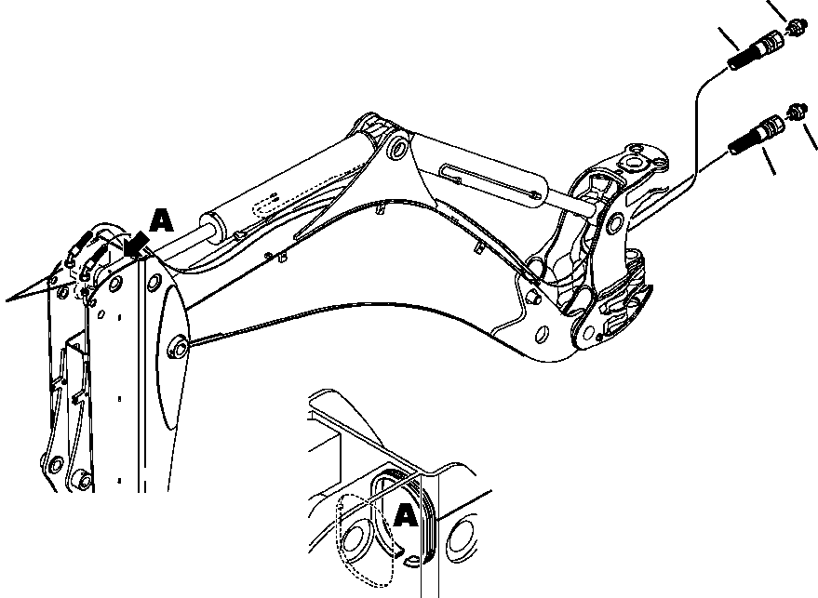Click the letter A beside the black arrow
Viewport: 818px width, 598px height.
(x=161, y=221)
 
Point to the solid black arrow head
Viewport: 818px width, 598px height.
(x=138, y=244)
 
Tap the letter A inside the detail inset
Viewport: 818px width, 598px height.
(x=405, y=514)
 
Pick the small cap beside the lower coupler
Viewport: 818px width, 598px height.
(x=797, y=110)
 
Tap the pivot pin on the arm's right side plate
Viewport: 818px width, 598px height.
(x=176, y=348)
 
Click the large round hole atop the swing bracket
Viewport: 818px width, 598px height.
(x=637, y=164)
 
